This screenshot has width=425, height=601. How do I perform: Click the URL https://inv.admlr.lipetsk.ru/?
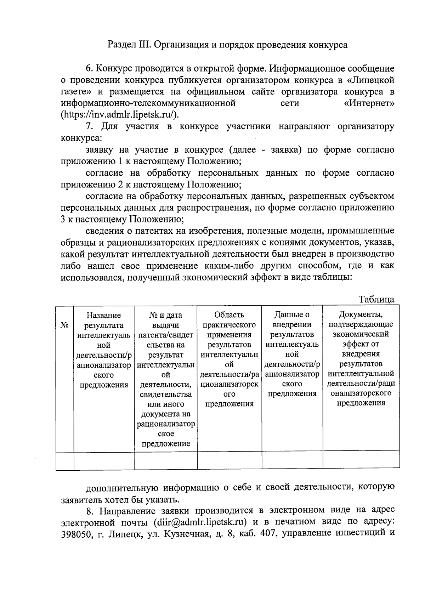coord(120,115)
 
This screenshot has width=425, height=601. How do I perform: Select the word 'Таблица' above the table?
coord(376,299)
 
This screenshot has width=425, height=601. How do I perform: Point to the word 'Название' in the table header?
coord(103,315)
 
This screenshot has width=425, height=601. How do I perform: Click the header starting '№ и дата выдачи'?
coord(165,379)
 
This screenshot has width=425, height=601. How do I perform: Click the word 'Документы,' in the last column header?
coord(361,314)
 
